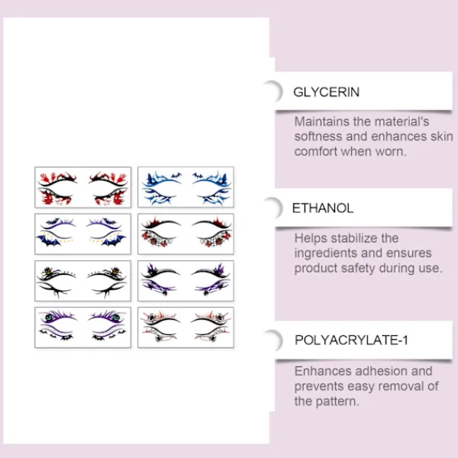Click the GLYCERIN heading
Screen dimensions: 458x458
coord(326,92)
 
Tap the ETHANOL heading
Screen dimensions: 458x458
coord(323,208)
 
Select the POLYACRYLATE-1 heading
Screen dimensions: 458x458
coord(351,340)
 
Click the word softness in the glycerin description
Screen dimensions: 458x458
coord(318,137)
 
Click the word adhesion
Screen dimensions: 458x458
coord(381,371)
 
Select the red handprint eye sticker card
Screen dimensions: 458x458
coord(83,187)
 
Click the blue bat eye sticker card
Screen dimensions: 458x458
coord(185,187)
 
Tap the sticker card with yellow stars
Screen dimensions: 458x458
coord(83,234)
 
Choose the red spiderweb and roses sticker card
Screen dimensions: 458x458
coord(185,234)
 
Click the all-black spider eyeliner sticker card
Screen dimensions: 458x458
coord(83,281)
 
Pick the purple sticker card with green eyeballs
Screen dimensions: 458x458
coord(83,327)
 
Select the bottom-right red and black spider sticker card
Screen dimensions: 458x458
coord(185,327)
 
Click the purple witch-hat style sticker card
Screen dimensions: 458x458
coord(185,281)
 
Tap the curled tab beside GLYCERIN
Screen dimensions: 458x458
coord(278,91)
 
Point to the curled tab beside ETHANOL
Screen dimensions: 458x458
coord(278,208)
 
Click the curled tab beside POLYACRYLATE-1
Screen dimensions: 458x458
coord(278,340)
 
